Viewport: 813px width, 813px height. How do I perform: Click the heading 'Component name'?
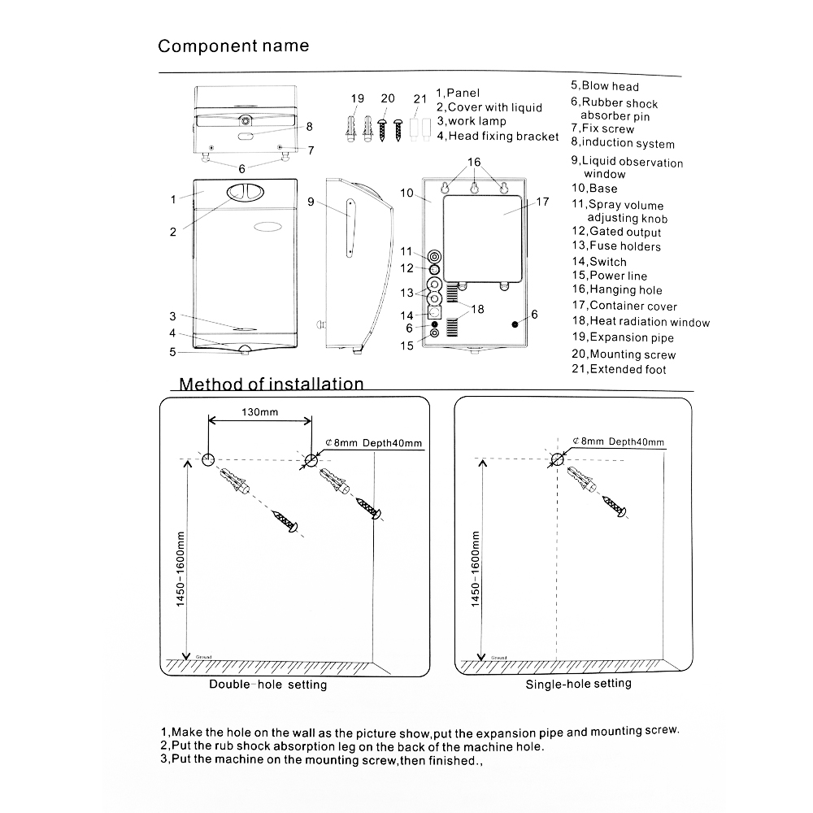pos(233,46)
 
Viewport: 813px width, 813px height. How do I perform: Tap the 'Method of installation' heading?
pos(272,384)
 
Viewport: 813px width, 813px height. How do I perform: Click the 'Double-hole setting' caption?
pos(267,685)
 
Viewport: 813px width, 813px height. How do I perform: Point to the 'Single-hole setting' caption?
pos(578,684)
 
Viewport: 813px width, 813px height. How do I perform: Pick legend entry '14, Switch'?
pos(598,262)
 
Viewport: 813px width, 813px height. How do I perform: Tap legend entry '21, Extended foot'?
pos(618,370)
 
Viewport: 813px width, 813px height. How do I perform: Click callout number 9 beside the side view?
pos(311,201)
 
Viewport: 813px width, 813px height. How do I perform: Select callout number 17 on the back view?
pos(542,201)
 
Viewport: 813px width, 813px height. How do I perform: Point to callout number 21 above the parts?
pos(420,99)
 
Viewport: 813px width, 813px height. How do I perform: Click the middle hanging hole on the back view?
pos(474,189)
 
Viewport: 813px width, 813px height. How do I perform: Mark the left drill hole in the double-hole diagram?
pos(207,460)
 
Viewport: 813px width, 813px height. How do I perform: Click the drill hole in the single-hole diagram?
pos(557,459)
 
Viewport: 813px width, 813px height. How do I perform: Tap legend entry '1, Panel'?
pos(459,93)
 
